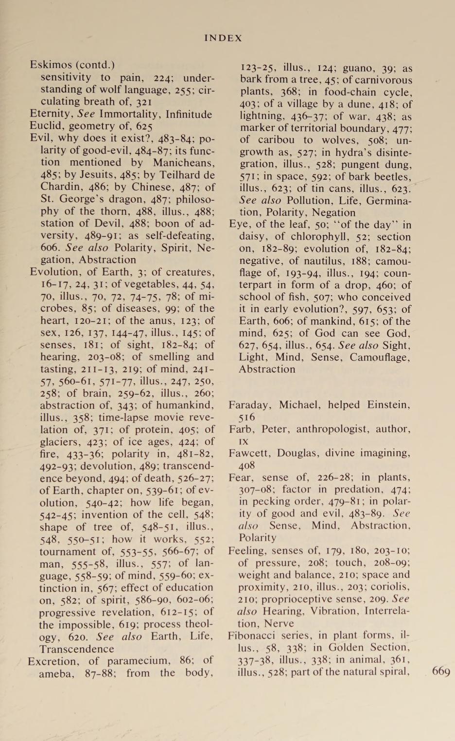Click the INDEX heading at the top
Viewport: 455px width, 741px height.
(223, 38)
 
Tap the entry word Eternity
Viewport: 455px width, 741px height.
(51, 114)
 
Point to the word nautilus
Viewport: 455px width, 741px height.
(312, 261)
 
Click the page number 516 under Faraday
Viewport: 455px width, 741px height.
(246, 417)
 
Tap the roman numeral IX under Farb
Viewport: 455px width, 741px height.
(244, 441)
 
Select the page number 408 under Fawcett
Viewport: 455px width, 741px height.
(246, 465)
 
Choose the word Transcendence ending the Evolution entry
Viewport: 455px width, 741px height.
(77, 649)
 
